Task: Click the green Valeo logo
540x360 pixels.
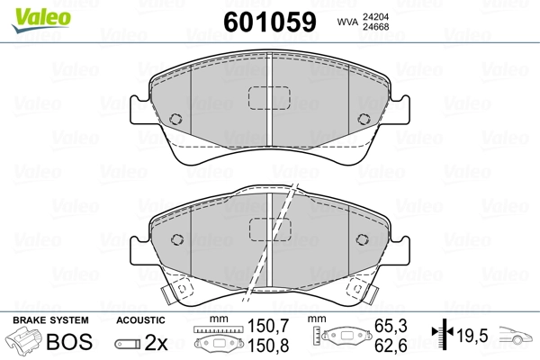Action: tap(41, 19)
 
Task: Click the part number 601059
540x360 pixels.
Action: tap(270, 22)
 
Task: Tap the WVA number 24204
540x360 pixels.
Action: tap(375, 16)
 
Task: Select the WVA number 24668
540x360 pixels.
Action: tap(375, 26)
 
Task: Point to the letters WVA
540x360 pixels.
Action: tap(347, 22)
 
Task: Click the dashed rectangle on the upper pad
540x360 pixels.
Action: tap(269, 98)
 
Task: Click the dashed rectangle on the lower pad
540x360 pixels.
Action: tap(270, 229)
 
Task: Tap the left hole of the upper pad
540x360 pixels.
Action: tap(175, 119)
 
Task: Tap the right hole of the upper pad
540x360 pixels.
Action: tap(364, 119)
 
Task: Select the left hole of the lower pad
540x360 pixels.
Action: tap(177, 239)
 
